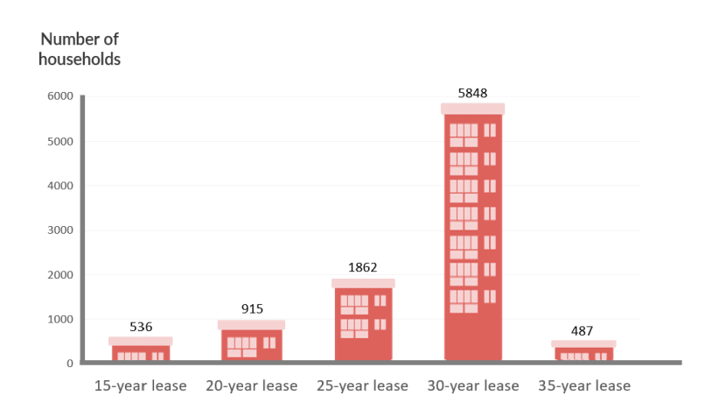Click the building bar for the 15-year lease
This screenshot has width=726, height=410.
click(141, 351)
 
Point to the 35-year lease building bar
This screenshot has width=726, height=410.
click(583, 353)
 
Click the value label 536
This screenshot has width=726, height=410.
click(141, 327)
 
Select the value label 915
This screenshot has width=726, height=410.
click(252, 308)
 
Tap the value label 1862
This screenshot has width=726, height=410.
click(362, 268)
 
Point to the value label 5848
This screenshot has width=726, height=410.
click(472, 93)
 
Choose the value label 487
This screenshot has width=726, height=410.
click(582, 330)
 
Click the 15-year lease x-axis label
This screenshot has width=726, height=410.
click(140, 385)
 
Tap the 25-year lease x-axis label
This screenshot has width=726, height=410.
click(362, 385)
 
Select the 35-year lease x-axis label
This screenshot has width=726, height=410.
click(583, 385)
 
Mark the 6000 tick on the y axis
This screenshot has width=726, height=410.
click(60, 95)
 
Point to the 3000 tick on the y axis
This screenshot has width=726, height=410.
click(60, 230)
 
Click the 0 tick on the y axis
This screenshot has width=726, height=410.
click(69, 363)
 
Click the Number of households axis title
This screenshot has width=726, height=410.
click(80, 49)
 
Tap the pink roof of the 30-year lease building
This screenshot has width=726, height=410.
click(472, 109)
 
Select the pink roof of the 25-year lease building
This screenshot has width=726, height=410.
click(363, 283)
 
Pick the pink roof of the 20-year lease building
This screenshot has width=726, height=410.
click(251, 324)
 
